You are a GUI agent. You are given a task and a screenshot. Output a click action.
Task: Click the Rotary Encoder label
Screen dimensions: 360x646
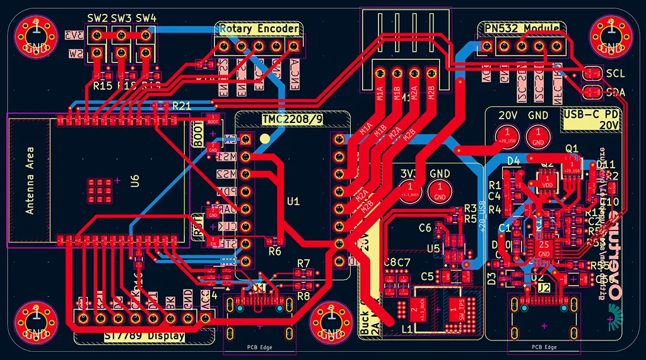[259, 29]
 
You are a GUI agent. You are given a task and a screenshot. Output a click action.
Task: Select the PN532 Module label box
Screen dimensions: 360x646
[522, 28]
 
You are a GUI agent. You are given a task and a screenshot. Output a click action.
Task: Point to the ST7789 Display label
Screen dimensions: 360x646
[144, 336]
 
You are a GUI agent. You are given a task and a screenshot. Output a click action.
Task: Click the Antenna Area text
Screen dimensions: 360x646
[30, 181]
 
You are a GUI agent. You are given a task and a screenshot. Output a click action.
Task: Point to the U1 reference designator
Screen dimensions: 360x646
[293, 202]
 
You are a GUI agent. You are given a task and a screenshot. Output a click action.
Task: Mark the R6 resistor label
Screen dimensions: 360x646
[274, 252]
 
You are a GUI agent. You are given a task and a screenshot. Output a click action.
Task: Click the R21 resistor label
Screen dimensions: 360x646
[181, 106]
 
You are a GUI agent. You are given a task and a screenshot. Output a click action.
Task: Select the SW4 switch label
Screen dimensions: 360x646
[146, 18]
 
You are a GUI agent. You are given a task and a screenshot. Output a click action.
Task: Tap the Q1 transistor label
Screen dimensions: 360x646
[572, 148]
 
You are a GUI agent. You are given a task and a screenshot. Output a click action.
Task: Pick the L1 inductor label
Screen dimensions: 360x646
[408, 329]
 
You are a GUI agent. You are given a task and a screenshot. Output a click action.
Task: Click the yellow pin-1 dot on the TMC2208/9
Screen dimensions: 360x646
[266, 138]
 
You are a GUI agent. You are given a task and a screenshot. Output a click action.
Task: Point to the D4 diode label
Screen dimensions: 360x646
[514, 161]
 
